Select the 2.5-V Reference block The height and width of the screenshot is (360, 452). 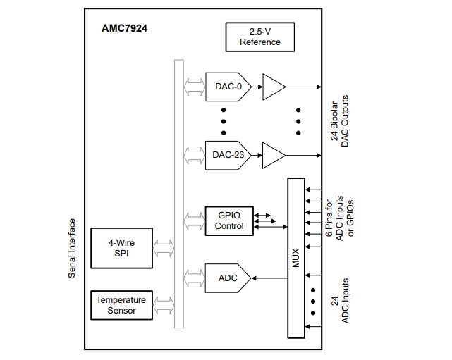point(259,37)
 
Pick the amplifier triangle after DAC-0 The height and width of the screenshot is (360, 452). point(272,87)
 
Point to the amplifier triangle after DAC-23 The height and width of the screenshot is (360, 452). point(272,155)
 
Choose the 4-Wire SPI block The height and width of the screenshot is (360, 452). point(121,248)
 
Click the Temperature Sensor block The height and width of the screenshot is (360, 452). point(121,305)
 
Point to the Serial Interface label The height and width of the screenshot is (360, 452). point(72,252)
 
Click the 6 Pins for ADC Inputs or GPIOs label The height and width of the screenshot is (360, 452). point(340,219)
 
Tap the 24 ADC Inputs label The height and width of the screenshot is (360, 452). point(340,299)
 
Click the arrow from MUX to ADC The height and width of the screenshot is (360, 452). point(269,278)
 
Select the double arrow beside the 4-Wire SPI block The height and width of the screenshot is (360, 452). point(163,248)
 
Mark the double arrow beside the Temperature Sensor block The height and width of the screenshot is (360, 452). point(163,305)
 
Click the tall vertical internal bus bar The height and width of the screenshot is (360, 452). point(178,194)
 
